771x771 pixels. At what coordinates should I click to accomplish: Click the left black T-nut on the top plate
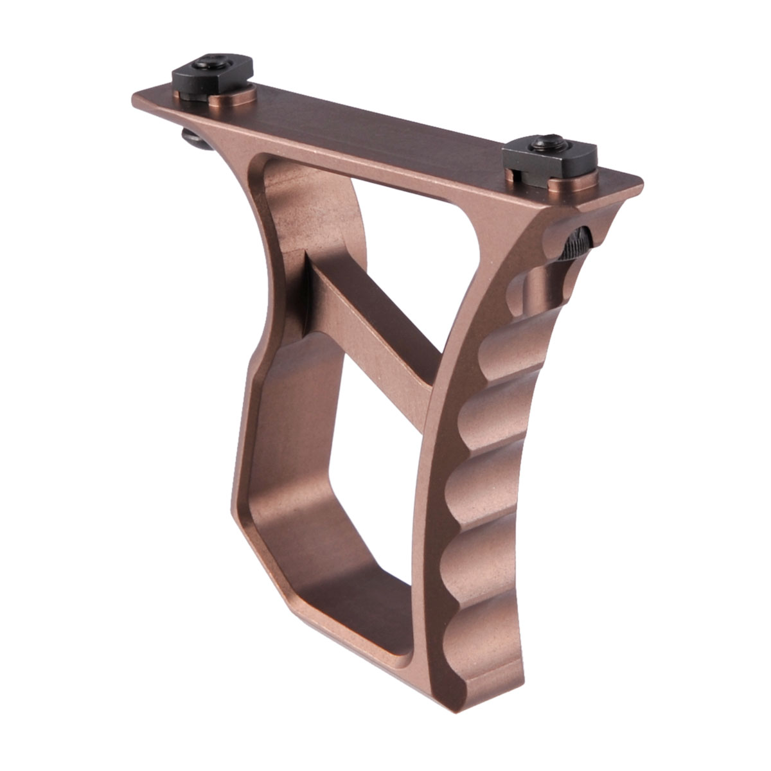coord(212,74)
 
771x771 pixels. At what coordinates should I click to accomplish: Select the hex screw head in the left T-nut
coord(212,64)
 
